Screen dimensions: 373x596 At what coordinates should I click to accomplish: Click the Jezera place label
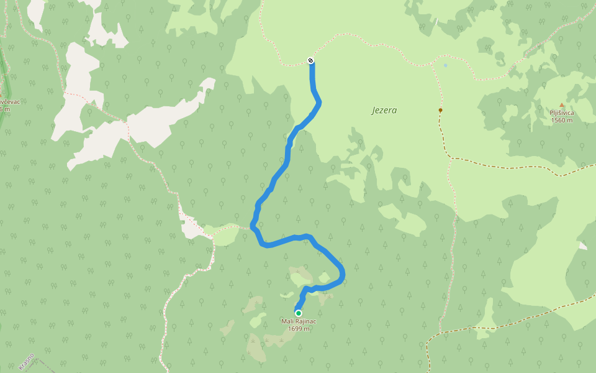pos(384,111)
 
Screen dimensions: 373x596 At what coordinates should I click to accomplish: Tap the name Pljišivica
pos(561,113)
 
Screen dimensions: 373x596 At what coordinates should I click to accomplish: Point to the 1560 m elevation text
pos(561,120)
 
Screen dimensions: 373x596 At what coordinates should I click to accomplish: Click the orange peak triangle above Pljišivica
pos(562,105)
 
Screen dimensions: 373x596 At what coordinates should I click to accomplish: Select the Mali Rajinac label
pos(299,321)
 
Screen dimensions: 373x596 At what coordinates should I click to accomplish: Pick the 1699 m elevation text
pos(299,329)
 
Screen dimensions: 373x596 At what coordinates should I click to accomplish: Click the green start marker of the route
pos(299,313)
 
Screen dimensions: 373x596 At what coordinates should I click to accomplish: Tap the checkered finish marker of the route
pos(310,60)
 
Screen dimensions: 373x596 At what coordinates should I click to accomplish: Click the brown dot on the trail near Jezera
pos(440,110)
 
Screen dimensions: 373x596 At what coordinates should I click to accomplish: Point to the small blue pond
pos(445,65)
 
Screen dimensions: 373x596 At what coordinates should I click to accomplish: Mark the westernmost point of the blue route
pos(252,224)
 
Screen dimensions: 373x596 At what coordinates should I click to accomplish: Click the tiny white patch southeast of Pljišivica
pos(582,246)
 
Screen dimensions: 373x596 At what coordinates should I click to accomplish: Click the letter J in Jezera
pos(374,111)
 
